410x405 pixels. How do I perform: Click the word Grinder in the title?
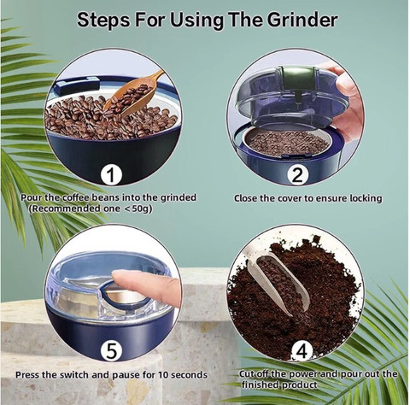point(302,20)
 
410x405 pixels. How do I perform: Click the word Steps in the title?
point(103,21)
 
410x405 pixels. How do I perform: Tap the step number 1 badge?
point(111,175)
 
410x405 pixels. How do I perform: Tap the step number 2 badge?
point(297,175)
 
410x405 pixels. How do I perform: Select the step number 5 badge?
point(111,351)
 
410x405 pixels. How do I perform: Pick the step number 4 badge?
point(302,351)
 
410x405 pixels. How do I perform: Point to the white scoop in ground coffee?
point(278,284)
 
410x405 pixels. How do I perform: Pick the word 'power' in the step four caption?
point(303,374)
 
